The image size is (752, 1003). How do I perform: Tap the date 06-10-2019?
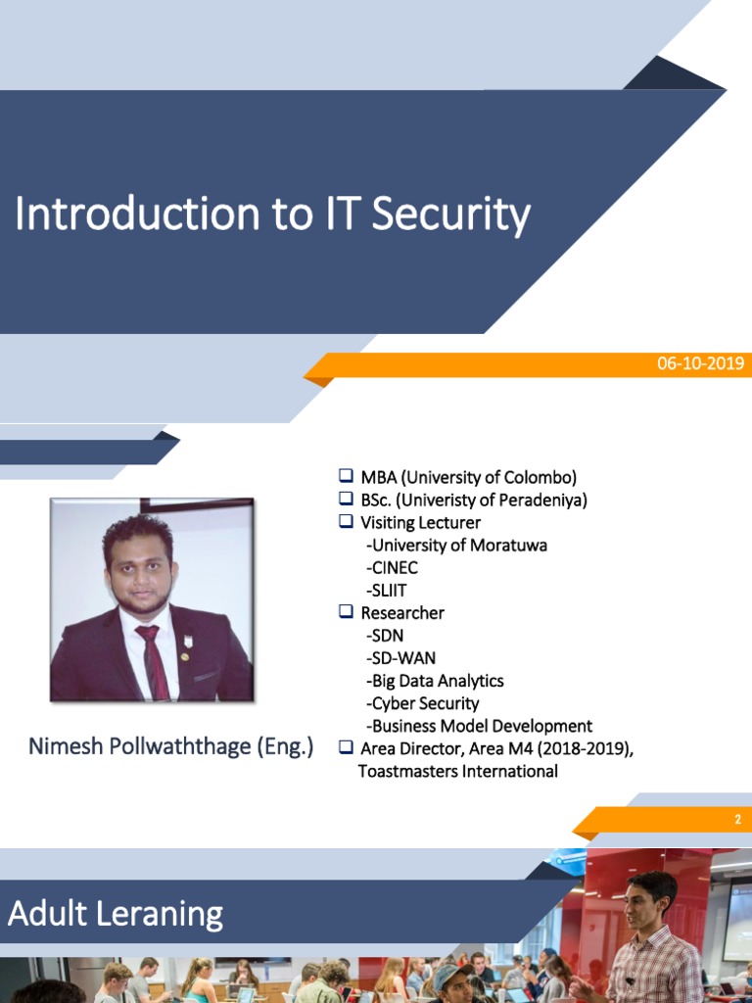tap(700, 364)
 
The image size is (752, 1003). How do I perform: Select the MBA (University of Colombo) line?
tap(468, 478)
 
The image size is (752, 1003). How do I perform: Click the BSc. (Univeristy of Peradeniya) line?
tap(473, 501)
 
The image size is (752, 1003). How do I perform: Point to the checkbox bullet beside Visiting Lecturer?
tap(346, 522)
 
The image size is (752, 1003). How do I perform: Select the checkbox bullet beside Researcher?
tap(346, 612)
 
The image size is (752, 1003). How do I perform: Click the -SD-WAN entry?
tap(400, 657)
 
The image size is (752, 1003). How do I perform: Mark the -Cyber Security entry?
tap(422, 703)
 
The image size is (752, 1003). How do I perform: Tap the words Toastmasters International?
tap(457, 771)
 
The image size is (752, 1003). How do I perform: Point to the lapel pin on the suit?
tap(188, 643)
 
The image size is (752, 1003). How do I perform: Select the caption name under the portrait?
tap(170, 746)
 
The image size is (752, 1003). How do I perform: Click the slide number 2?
tap(738, 820)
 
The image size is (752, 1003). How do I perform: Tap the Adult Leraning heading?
tap(116, 914)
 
